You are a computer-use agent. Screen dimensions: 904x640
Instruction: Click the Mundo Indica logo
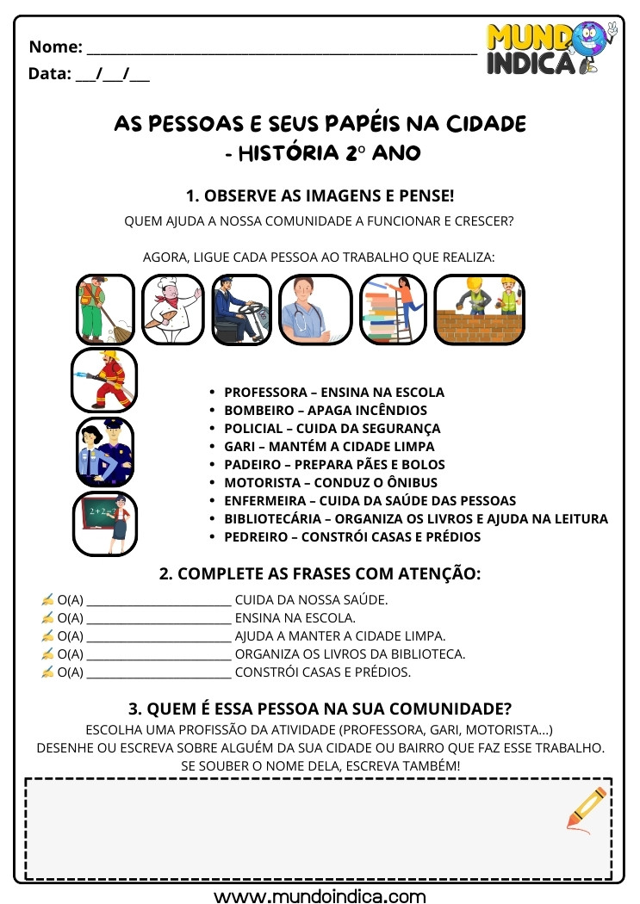(551, 49)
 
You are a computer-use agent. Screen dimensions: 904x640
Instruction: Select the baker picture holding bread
(171, 309)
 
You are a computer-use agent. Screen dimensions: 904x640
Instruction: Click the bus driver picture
(239, 309)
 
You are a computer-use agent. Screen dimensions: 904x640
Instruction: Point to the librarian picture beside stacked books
(392, 309)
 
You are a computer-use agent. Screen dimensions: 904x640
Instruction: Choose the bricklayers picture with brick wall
(479, 309)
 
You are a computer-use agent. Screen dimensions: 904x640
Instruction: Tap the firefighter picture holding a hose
(104, 380)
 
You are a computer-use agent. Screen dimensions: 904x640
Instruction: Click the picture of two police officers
(104, 452)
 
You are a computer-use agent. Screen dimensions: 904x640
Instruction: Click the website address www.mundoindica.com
(320, 895)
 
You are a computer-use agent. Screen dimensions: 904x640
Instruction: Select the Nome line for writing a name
(282, 48)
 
